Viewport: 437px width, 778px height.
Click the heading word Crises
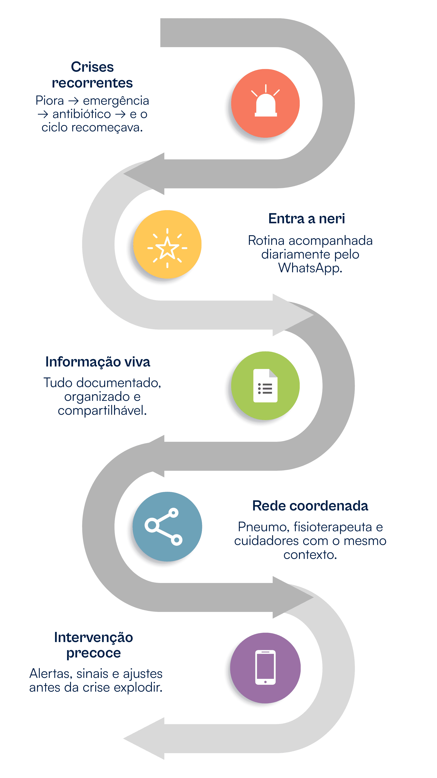tap(92, 67)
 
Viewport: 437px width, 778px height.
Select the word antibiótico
tap(82, 114)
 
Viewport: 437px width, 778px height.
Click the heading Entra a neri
tap(306, 219)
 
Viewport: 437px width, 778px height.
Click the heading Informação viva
tap(98, 362)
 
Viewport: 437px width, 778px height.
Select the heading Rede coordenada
tap(310, 506)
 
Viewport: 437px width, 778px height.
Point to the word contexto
tap(310, 555)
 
